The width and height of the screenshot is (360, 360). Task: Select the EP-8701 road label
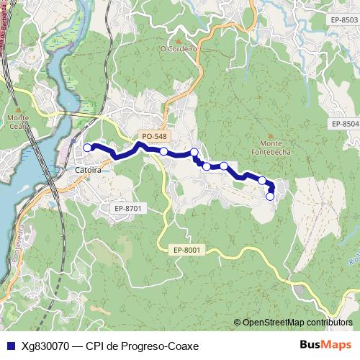(x=130, y=208)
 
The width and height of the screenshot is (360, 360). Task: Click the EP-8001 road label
(x=189, y=250)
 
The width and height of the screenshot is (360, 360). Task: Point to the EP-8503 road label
(x=340, y=19)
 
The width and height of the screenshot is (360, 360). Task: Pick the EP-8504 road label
(x=345, y=124)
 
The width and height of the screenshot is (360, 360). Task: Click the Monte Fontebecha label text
(x=271, y=148)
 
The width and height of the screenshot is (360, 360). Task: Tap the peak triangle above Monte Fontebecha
(x=271, y=135)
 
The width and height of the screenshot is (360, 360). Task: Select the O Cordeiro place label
(x=179, y=49)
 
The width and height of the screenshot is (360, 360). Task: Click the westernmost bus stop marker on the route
(x=88, y=148)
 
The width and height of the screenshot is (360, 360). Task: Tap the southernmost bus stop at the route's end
(x=271, y=196)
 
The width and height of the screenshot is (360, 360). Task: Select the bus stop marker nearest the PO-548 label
(x=164, y=151)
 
